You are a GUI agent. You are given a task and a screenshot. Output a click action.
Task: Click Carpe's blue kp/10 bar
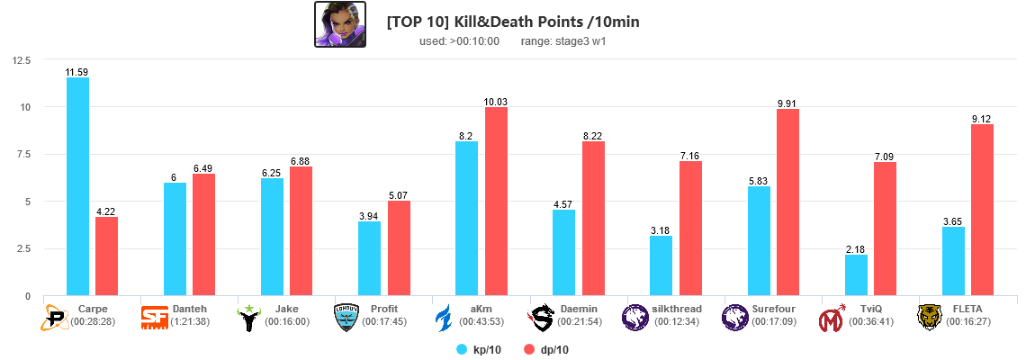tap(77, 186)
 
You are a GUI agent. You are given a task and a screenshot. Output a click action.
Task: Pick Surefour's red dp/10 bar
tap(787, 202)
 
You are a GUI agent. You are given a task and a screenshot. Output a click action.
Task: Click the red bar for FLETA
tap(982, 210)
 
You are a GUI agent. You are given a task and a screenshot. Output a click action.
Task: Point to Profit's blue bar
tap(369, 258)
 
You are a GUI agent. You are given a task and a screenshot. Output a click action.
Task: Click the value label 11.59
tap(77, 72)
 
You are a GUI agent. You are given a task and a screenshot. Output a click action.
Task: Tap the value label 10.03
tap(496, 102)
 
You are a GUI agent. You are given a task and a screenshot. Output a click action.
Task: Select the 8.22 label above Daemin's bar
tap(593, 136)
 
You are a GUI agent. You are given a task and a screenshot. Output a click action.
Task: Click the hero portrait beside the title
tap(339, 24)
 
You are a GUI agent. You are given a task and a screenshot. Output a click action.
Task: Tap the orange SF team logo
tap(155, 317)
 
